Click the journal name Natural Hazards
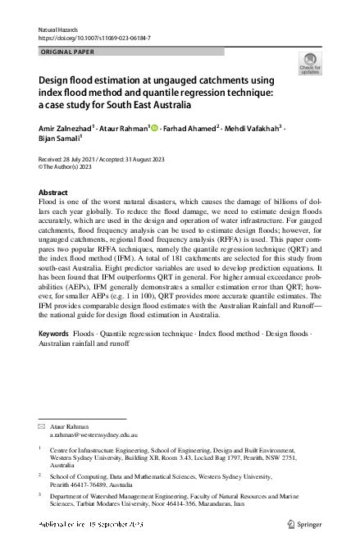pos(56,30)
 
